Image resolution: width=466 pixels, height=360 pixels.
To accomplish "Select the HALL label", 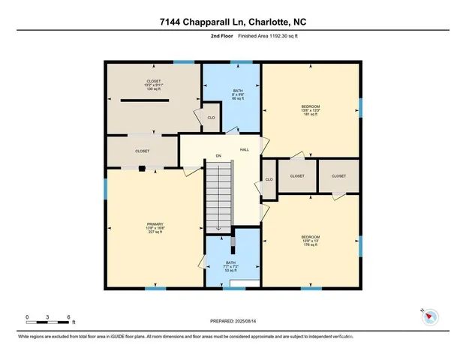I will point(245,150).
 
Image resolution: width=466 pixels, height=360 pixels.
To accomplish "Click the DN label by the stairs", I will point(218,156).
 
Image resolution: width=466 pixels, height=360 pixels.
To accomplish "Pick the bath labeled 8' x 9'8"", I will point(236,94).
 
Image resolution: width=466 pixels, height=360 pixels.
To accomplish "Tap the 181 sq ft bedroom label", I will point(311,111).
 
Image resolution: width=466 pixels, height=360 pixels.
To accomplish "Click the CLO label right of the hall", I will point(268,179).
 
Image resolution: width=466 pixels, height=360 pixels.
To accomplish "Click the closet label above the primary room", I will point(142,151).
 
